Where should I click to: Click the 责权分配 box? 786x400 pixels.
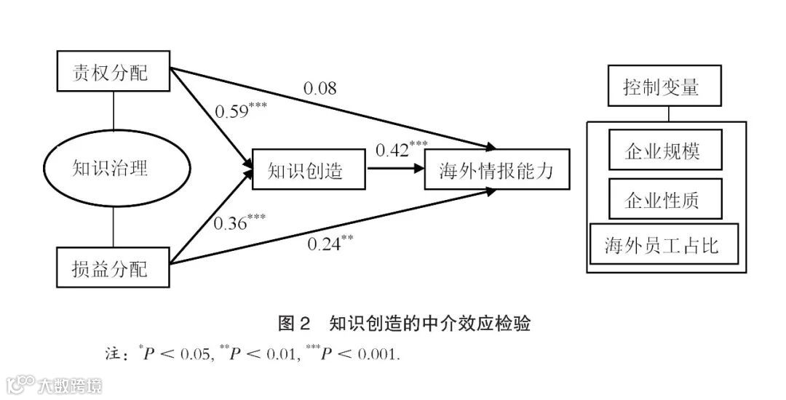point(113,72)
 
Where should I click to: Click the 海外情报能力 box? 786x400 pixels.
point(496,170)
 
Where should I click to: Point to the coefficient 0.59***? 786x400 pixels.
point(240,111)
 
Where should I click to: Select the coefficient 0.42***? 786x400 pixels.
point(401,150)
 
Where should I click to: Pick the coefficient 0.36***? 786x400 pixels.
point(239,221)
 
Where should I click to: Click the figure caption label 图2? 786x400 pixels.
point(294,323)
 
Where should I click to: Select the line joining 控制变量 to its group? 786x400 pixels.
point(667,113)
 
